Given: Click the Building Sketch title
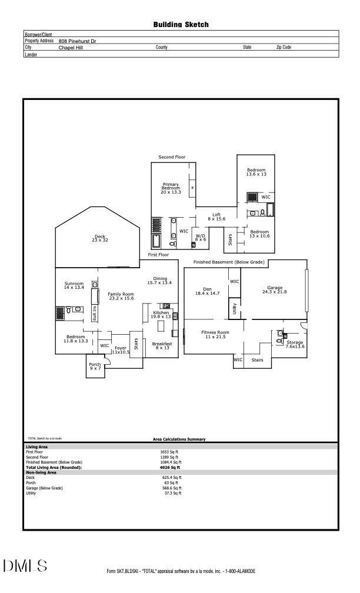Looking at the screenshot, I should coord(181,25).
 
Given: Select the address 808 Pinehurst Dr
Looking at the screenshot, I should coord(77,41).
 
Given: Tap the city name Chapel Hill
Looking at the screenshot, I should coord(71,48).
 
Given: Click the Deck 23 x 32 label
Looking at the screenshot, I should coord(99,238).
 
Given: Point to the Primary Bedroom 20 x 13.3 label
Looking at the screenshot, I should coord(171,188).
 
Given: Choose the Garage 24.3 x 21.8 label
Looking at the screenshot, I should coord(274,289).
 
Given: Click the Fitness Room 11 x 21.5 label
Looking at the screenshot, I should coord(215,334).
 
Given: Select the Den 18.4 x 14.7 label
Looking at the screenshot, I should coord(207,291).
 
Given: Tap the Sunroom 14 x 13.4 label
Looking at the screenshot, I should coord(74,285).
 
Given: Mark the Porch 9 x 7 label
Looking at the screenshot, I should coord(95,367).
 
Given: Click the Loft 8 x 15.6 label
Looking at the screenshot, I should coord(216,217).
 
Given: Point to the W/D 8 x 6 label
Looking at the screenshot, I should coord(201,238).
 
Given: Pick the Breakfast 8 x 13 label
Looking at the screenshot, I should coord(162,345).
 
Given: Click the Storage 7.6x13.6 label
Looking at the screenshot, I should coord(295,344).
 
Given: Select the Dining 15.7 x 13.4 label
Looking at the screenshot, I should coord(159,281).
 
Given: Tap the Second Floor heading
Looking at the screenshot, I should coord(172,157).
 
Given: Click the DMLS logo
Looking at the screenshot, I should coord(25,566).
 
